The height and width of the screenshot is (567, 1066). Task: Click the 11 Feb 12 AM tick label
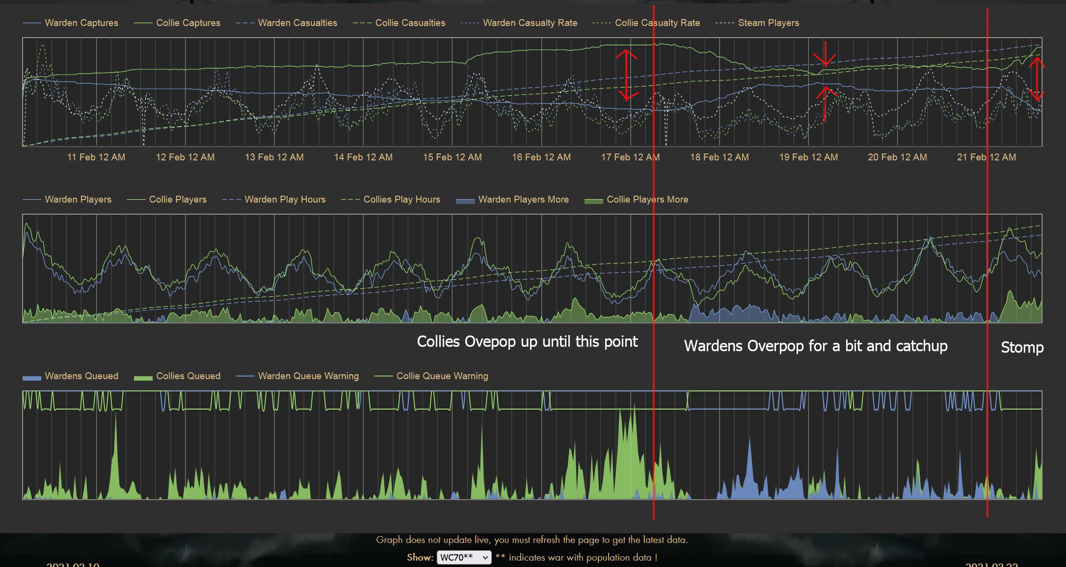[96, 157]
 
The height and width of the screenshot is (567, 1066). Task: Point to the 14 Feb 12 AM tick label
[363, 157]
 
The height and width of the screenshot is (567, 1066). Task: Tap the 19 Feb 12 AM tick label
[808, 157]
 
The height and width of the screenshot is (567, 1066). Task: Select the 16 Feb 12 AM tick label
[541, 157]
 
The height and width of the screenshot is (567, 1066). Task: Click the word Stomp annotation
[1022, 347]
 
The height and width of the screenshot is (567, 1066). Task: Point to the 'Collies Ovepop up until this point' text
[527, 342]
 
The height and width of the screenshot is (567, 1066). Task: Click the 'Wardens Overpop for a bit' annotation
[816, 346]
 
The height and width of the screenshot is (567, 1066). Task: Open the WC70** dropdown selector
[464, 558]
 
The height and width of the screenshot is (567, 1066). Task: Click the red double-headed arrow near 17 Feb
[627, 75]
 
